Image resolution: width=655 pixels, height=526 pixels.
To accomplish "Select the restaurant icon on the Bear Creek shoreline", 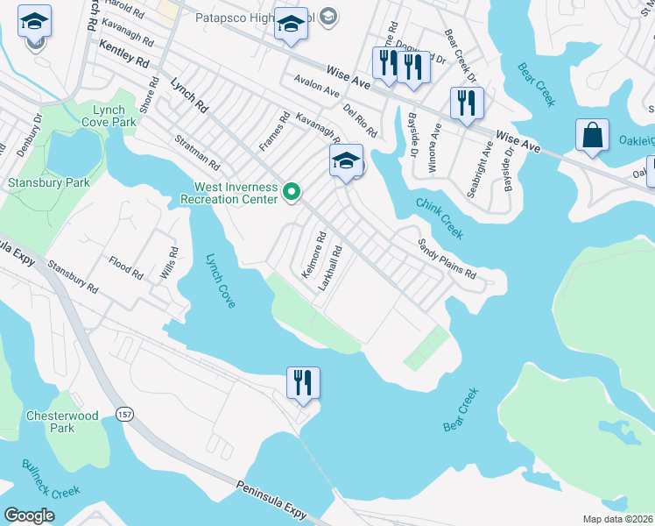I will [x=303, y=383].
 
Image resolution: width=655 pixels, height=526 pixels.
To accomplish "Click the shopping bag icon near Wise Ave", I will [x=592, y=136].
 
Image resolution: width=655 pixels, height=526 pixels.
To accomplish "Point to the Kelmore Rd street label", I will [x=313, y=255].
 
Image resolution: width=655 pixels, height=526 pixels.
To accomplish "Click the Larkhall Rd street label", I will [x=330, y=268].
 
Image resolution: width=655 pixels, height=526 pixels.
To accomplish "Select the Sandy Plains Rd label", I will [x=446, y=259].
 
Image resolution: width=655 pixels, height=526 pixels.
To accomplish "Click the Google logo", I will [x=29, y=515].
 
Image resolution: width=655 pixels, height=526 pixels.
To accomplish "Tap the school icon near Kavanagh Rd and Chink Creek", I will [x=346, y=160].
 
